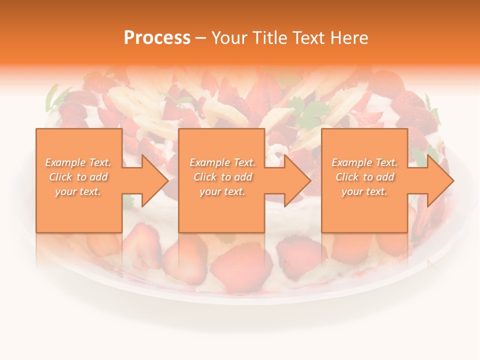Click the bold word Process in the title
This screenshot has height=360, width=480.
coord(157,37)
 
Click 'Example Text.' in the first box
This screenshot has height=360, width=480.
coord(78,162)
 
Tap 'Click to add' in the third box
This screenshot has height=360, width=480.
coord(364,177)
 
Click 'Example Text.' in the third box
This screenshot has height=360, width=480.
coord(364,162)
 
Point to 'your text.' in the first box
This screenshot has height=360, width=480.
coord(78,191)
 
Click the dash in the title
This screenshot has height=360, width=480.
coord(201,37)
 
